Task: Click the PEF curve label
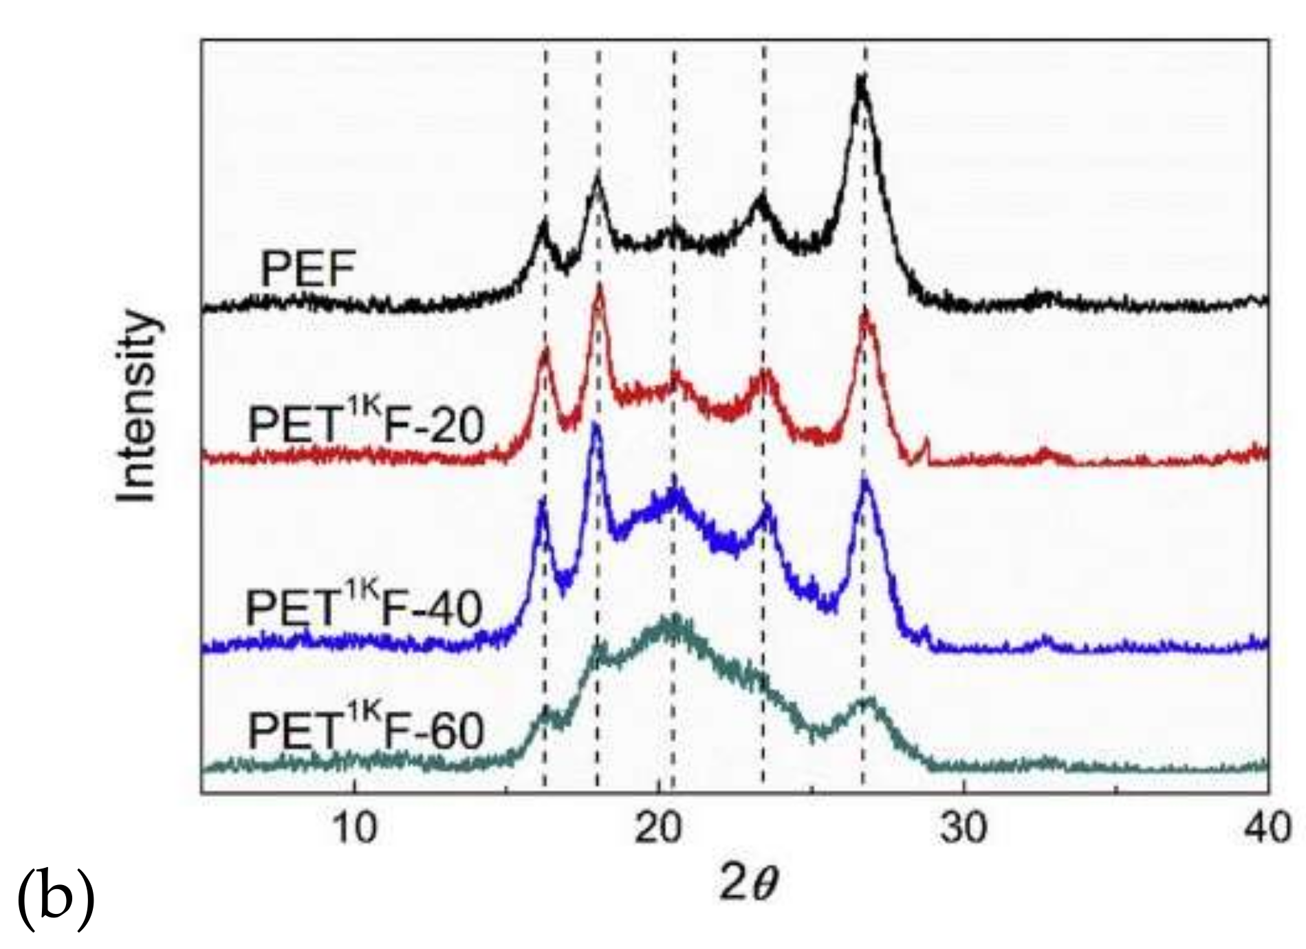pos(307,270)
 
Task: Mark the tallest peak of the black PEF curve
pos(861,79)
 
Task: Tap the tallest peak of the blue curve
pos(596,426)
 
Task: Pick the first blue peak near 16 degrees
pos(542,500)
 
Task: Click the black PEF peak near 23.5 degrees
pos(761,198)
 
